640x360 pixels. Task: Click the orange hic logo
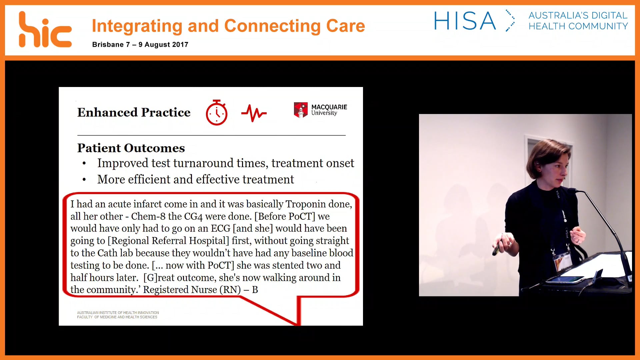click(x=45, y=30)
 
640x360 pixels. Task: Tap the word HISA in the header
click(x=465, y=21)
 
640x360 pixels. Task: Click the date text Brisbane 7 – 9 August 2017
click(x=140, y=45)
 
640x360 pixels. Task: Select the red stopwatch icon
click(x=217, y=113)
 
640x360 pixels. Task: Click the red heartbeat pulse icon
click(x=254, y=113)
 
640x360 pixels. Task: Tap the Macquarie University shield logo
click(x=300, y=110)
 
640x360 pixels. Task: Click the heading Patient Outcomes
click(x=131, y=148)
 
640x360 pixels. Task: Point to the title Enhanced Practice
click(x=134, y=112)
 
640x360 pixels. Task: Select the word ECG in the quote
click(x=220, y=229)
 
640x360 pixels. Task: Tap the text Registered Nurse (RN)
click(x=192, y=290)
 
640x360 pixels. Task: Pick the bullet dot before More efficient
click(x=84, y=180)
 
